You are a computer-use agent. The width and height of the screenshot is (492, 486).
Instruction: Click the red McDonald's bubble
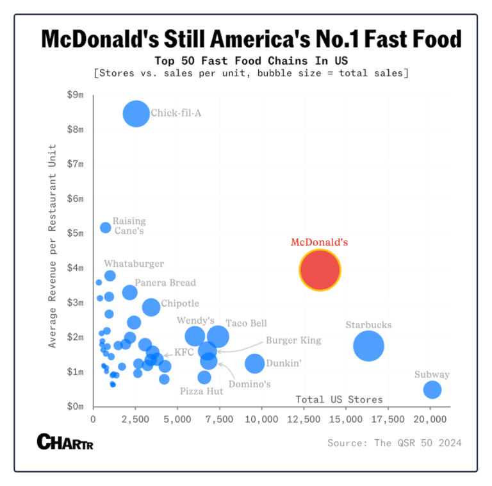tap(320, 271)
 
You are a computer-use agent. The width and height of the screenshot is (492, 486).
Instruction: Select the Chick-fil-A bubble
tap(136, 114)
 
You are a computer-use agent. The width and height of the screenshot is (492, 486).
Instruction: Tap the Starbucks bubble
tap(368, 346)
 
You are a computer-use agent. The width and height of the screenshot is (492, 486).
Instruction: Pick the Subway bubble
tap(432, 389)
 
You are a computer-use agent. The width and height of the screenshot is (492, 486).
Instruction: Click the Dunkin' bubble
tap(255, 363)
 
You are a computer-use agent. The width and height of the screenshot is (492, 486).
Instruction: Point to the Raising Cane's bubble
tap(106, 228)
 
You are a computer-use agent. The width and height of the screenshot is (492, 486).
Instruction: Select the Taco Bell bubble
tap(218, 336)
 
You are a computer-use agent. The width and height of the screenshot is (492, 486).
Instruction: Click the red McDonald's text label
tap(319, 242)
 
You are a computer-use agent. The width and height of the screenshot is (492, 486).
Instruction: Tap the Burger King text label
tap(293, 340)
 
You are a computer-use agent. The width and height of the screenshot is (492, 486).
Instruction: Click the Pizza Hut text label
tap(201, 390)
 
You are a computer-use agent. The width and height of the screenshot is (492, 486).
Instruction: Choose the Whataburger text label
tap(134, 264)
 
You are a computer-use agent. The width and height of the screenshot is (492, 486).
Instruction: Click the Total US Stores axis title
tap(339, 399)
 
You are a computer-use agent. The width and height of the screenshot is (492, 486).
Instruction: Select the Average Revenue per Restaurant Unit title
tap(53, 246)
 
